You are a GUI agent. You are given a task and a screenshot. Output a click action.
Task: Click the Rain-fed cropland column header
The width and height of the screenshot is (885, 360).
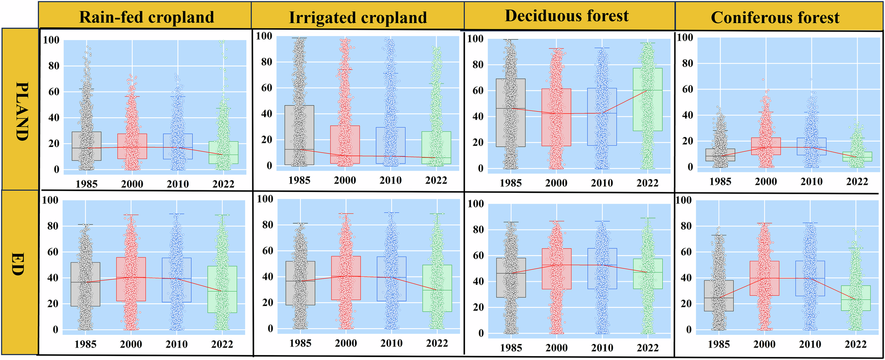(x=146, y=17)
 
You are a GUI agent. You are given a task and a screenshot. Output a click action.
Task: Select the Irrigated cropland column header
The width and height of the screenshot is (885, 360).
(x=358, y=18)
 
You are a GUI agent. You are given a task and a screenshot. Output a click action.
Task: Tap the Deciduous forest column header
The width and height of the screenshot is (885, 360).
(x=567, y=16)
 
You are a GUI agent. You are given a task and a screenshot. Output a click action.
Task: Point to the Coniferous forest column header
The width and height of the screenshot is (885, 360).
(x=775, y=18)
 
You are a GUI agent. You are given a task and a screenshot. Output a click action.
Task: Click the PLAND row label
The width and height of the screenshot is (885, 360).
(x=21, y=111)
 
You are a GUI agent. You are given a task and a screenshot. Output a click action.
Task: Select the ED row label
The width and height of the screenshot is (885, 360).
(x=18, y=264)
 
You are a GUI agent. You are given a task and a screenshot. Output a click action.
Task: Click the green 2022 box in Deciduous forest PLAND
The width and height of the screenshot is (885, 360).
(x=648, y=100)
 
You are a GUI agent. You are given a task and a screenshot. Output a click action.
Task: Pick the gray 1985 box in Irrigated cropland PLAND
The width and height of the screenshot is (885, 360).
(x=300, y=135)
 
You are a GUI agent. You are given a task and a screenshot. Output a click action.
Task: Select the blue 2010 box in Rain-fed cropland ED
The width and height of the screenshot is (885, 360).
(x=177, y=280)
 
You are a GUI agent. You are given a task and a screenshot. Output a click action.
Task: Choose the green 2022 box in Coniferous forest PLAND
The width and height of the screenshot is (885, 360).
(x=858, y=157)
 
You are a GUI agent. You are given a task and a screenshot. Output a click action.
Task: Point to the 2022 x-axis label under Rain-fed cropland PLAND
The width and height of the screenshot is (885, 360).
(x=223, y=184)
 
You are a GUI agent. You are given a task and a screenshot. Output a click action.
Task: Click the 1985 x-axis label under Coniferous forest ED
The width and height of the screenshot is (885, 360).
(x=719, y=344)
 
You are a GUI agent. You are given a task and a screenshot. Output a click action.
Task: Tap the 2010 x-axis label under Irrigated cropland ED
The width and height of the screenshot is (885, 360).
(x=392, y=343)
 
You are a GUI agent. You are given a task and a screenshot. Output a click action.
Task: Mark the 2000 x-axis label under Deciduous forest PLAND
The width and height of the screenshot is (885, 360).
(x=556, y=183)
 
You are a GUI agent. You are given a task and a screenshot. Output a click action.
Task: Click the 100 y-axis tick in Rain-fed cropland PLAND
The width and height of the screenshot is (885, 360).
(x=51, y=40)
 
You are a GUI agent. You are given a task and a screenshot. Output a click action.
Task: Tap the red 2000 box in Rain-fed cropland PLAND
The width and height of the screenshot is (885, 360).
(x=132, y=146)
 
